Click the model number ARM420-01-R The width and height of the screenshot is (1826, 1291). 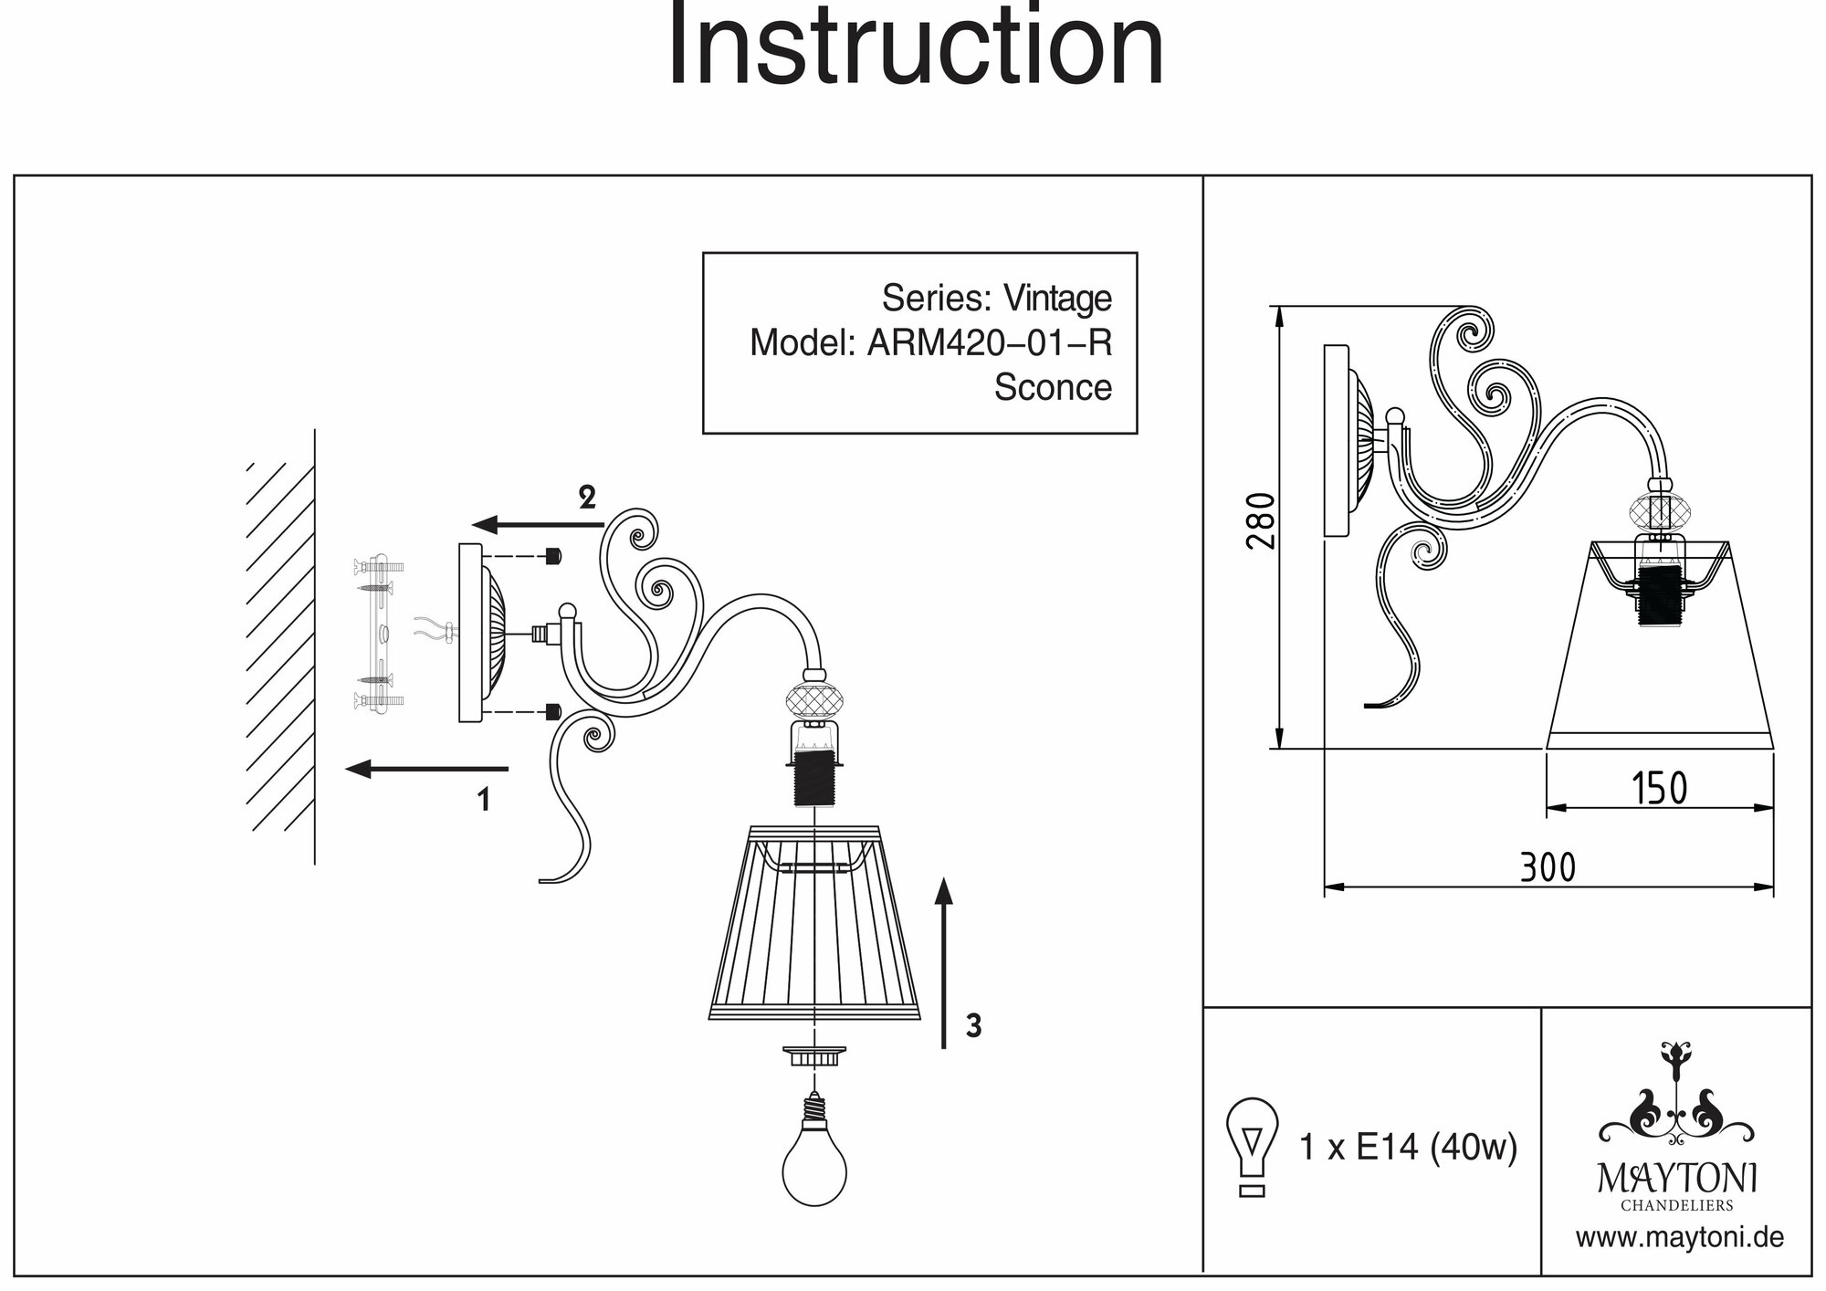click(989, 342)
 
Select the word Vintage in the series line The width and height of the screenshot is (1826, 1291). click(1057, 298)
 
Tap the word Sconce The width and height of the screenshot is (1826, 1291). click(1052, 387)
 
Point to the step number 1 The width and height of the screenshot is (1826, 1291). click(484, 800)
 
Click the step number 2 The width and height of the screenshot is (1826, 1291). click(587, 498)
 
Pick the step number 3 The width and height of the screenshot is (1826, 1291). click(973, 1026)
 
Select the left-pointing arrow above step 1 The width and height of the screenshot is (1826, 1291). click(427, 769)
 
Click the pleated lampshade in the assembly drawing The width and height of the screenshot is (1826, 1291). click(814, 922)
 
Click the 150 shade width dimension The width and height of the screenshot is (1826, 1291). click(1659, 788)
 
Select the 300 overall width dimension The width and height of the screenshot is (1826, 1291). click(1548, 866)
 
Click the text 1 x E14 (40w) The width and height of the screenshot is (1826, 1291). click(1407, 1147)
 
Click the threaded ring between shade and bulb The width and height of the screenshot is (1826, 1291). click(813, 1056)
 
